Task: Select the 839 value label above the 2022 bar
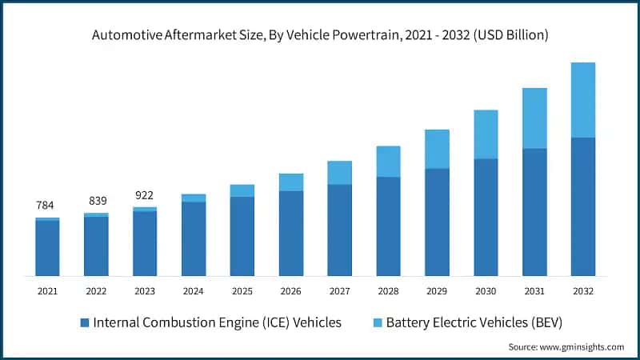click(x=96, y=201)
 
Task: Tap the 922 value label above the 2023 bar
click(x=145, y=195)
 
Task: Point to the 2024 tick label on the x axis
click(x=194, y=291)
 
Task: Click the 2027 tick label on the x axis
click(x=340, y=291)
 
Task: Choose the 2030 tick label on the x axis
click(x=486, y=291)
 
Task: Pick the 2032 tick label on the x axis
click(x=583, y=291)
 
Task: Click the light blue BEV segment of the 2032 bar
click(x=583, y=100)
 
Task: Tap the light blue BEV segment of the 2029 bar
click(x=437, y=149)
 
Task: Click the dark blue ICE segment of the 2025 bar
click(x=242, y=236)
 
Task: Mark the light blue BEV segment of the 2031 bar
click(x=534, y=118)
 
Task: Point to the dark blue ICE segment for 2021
click(x=47, y=248)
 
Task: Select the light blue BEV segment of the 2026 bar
click(x=291, y=182)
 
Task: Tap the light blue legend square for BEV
click(x=377, y=323)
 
